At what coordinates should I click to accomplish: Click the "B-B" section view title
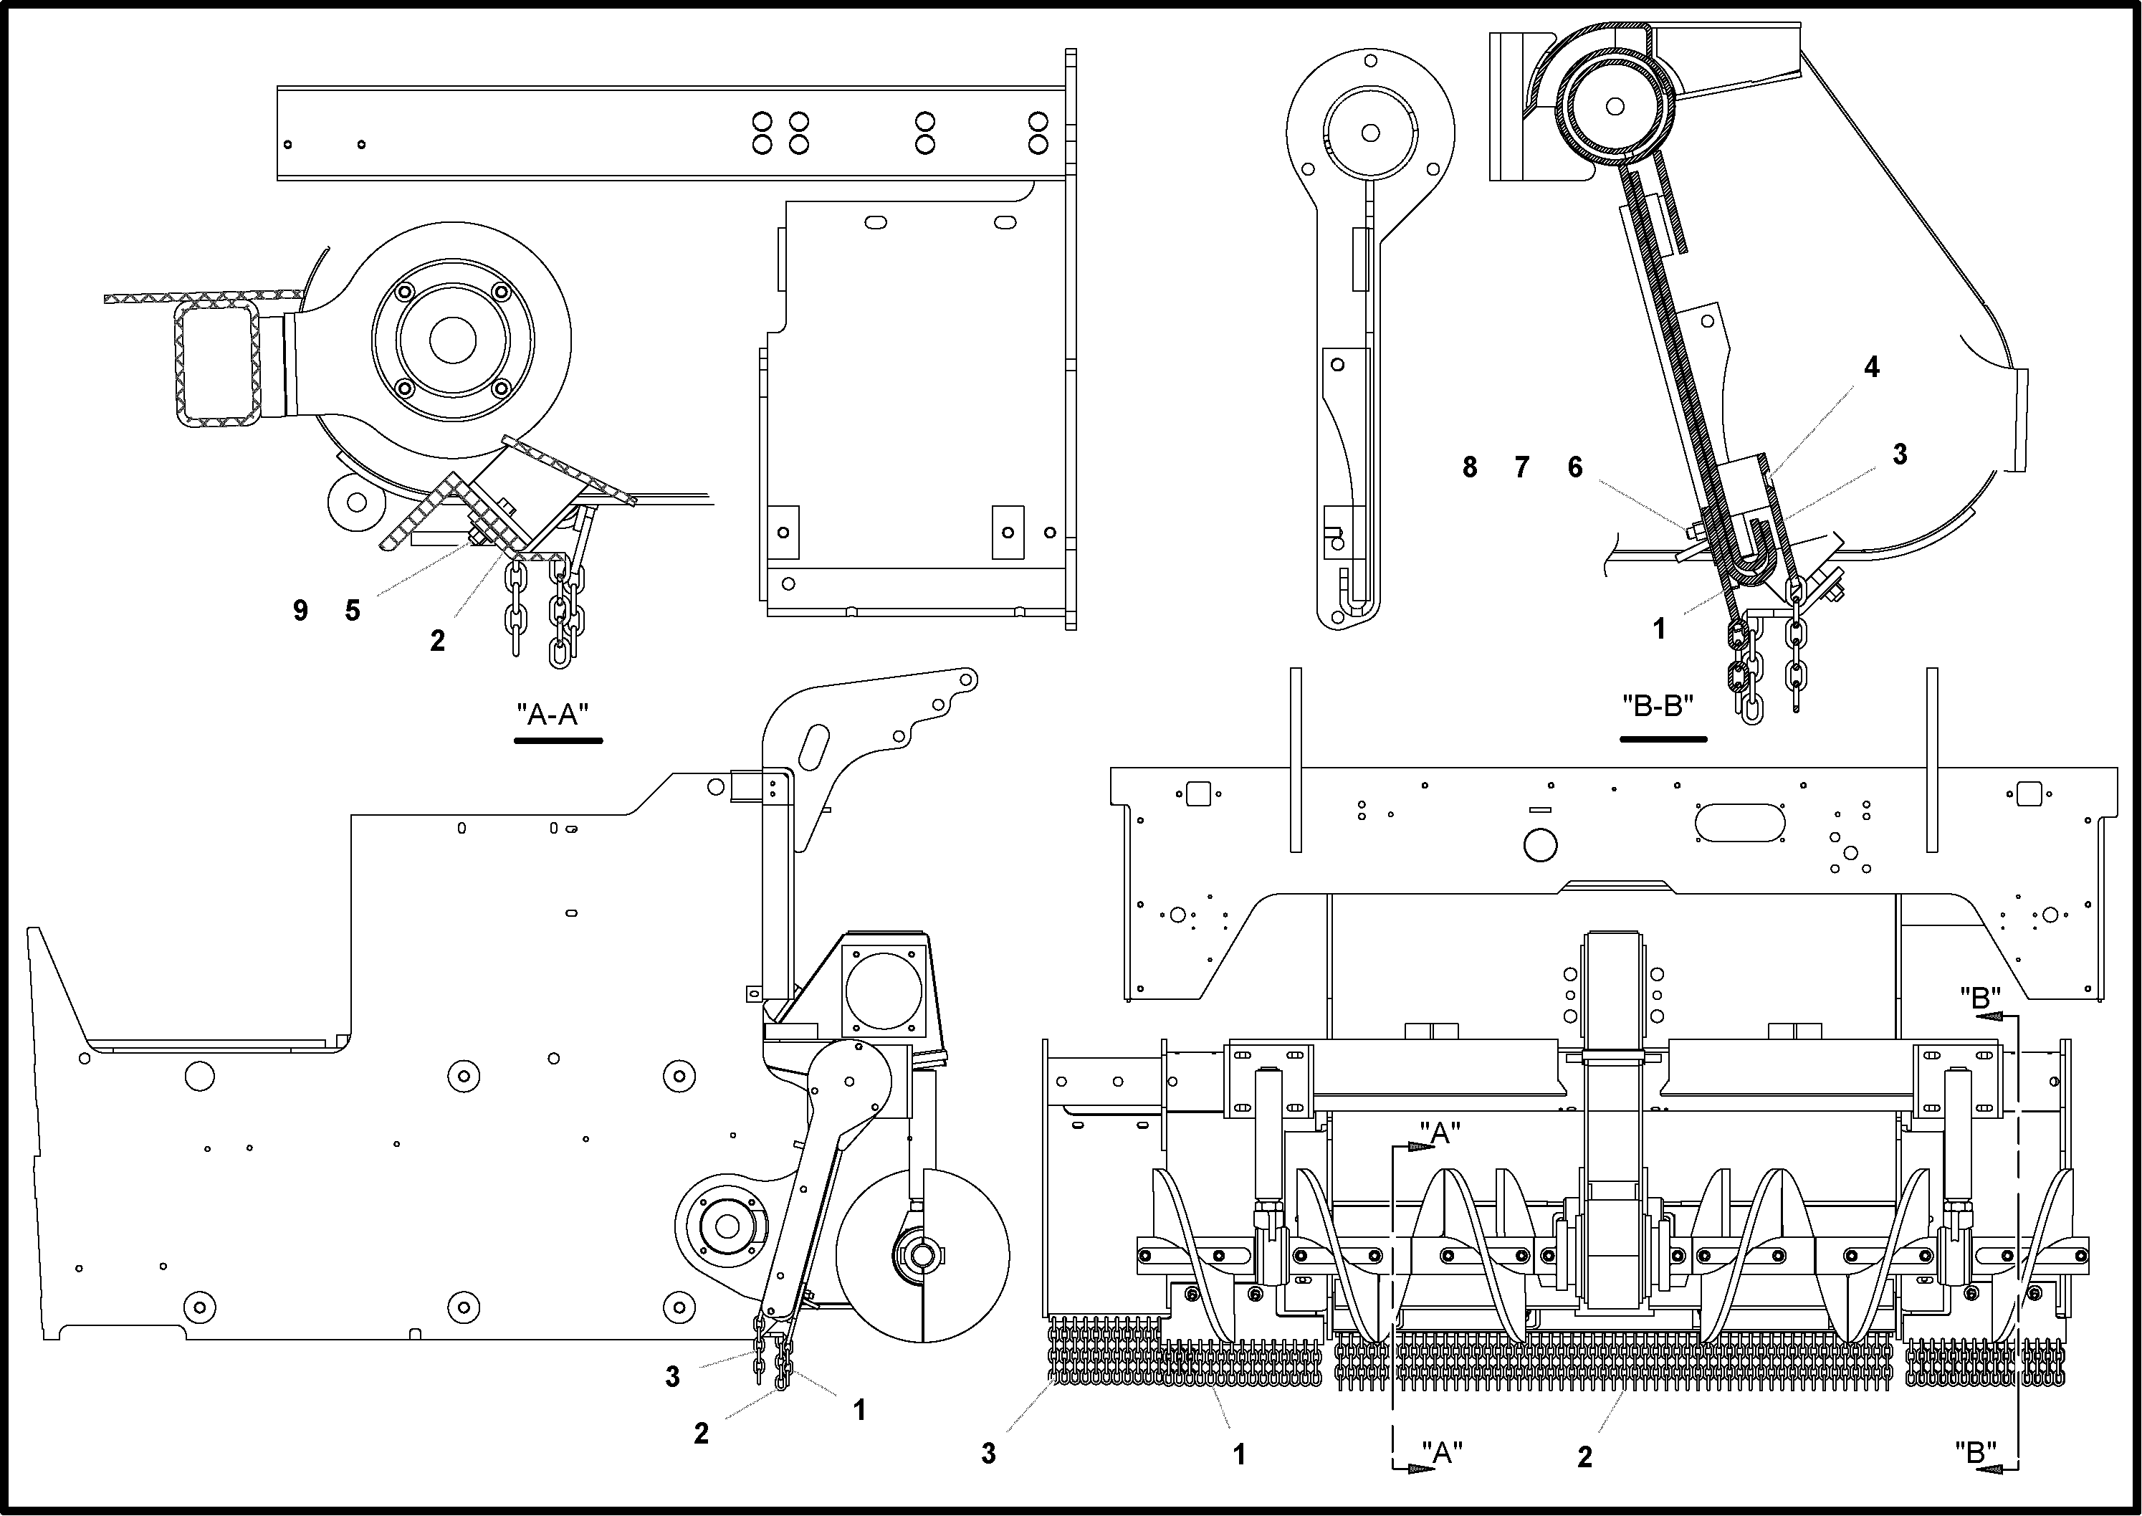(x=1658, y=706)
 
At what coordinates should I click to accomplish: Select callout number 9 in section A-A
(x=300, y=611)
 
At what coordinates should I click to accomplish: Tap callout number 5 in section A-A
(x=352, y=611)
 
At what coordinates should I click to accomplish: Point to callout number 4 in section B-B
(x=1871, y=368)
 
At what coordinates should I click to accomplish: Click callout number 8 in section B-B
(x=1470, y=467)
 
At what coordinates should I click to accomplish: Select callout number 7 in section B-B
(x=1522, y=467)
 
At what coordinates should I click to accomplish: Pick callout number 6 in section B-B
(x=1575, y=467)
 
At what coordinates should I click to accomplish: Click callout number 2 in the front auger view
(x=1584, y=1457)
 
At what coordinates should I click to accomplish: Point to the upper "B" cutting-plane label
(x=1979, y=998)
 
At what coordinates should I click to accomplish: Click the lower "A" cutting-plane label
(x=1442, y=1452)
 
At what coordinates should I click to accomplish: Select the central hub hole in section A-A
(x=453, y=339)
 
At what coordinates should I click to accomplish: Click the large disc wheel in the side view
(x=922, y=1256)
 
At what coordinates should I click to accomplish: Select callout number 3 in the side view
(x=673, y=1377)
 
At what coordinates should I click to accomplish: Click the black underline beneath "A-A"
(x=558, y=741)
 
